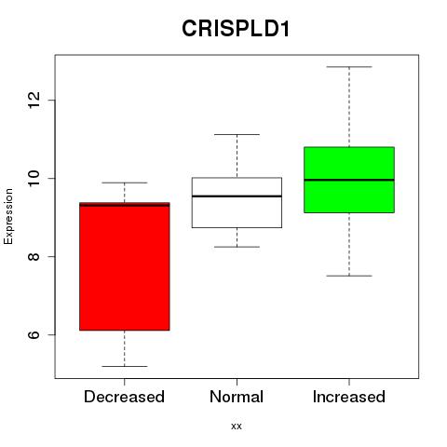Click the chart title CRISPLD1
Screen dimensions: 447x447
[x=236, y=29]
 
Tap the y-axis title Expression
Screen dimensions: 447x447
[x=8, y=216]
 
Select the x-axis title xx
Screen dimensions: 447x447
[x=237, y=427]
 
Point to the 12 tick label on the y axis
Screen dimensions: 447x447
[x=34, y=100]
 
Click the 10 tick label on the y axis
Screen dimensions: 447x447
[x=34, y=178]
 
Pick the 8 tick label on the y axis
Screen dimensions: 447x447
[x=34, y=256]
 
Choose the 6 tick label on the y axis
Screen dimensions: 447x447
[x=34, y=334]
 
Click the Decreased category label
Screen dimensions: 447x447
[x=124, y=397]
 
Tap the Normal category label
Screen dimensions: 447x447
[x=237, y=397]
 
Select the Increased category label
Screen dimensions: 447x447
[x=349, y=397]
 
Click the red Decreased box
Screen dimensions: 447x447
[x=125, y=266]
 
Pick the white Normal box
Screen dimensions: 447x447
[x=237, y=203]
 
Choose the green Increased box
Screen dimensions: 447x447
[x=349, y=180]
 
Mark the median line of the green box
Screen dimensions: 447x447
[x=349, y=180]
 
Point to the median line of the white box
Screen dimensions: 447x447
[x=237, y=196]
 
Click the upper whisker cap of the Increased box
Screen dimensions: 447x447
[x=349, y=67]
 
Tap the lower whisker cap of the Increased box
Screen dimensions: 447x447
[x=349, y=276]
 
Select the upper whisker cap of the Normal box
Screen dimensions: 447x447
[x=237, y=134]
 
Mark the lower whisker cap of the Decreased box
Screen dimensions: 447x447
[x=125, y=366]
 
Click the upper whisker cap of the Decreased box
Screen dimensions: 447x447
[x=125, y=183]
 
